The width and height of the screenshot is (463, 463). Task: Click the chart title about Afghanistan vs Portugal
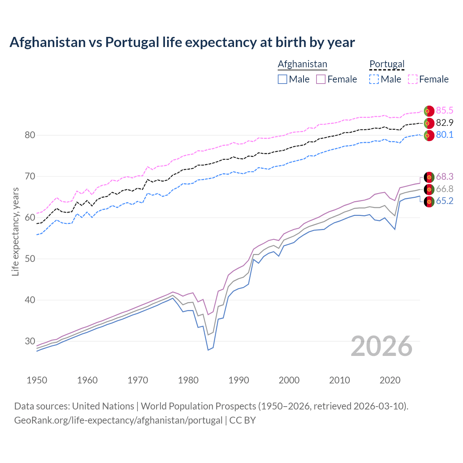[x=182, y=42]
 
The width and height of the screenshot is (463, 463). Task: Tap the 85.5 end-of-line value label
[x=445, y=110]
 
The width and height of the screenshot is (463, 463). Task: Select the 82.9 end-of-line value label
[x=445, y=123]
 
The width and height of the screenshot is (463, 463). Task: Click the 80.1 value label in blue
[x=445, y=135]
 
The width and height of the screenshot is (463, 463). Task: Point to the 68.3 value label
[x=445, y=177]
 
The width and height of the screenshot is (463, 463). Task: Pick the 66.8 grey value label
[x=445, y=189]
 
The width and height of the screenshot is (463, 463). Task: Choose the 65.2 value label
[x=445, y=201]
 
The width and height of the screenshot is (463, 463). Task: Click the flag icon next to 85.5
[x=429, y=111]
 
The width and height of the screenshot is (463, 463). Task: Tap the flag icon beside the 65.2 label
[x=429, y=201]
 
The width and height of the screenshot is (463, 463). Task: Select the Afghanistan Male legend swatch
[x=283, y=79]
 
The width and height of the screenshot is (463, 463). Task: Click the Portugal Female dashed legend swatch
[x=413, y=79]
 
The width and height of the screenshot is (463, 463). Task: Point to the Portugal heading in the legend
[x=387, y=64]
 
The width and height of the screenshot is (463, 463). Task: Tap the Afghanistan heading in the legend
[x=302, y=64]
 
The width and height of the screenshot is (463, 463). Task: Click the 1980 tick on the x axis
[x=188, y=380]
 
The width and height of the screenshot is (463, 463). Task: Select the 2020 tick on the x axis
[x=390, y=380]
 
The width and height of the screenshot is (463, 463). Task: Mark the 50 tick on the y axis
[x=30, y=259]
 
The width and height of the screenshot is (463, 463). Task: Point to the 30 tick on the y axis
[x=30, y=341]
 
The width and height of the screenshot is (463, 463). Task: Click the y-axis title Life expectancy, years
[x=16, y=231]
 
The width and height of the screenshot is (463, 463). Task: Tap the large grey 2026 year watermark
[x=382, y=346]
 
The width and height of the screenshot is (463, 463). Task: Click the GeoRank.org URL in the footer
[x=118, y=420]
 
